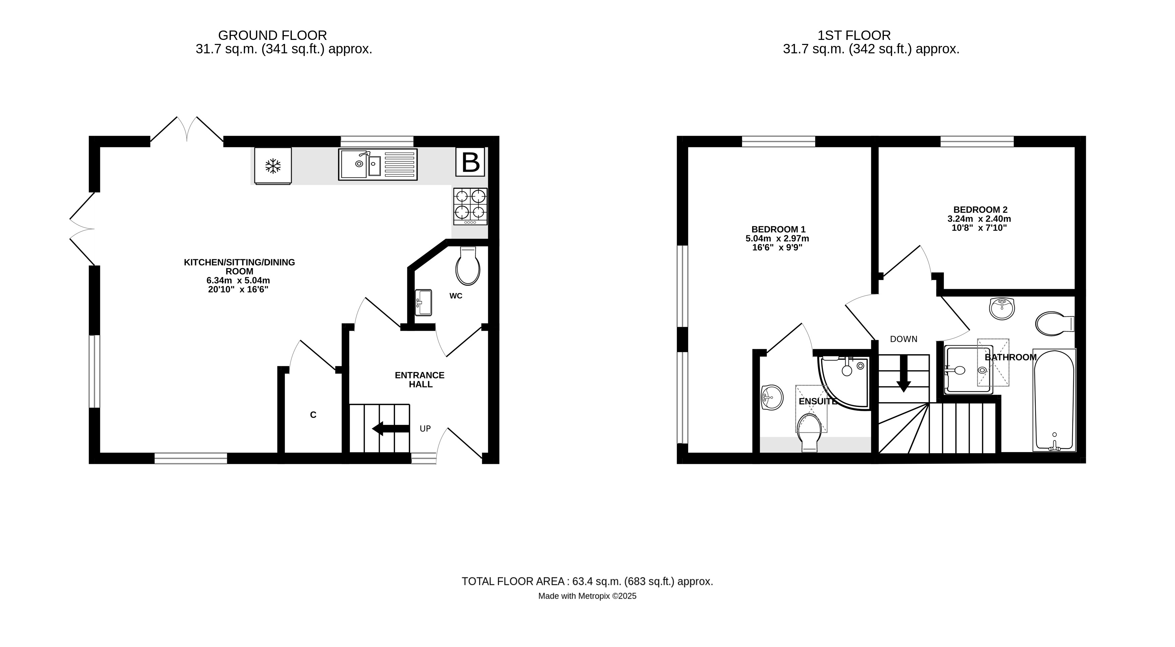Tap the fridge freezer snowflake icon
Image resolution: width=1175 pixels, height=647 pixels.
[x=273, y=166]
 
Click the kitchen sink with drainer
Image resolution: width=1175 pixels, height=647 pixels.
[x=378, y=164]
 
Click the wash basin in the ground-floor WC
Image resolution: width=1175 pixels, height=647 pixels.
[x=423, y=302]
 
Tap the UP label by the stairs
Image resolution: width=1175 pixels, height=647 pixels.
[x=425, y=429]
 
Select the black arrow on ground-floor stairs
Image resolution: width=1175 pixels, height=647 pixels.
[x=390, y=429]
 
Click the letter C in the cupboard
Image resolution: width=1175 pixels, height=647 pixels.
[x=313, y=415]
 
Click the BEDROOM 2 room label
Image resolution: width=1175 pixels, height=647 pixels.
[x=979, y=210]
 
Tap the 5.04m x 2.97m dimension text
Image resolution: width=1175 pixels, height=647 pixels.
[x=777, y=239]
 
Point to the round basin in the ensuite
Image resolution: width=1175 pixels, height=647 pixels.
[x=772, y=397]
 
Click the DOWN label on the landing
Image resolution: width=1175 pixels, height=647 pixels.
[x=904, y=339]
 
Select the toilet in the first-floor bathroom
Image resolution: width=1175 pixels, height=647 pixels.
[x=1054, y=324]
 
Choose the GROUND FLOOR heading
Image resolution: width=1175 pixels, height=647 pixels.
[x=272, y=36]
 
